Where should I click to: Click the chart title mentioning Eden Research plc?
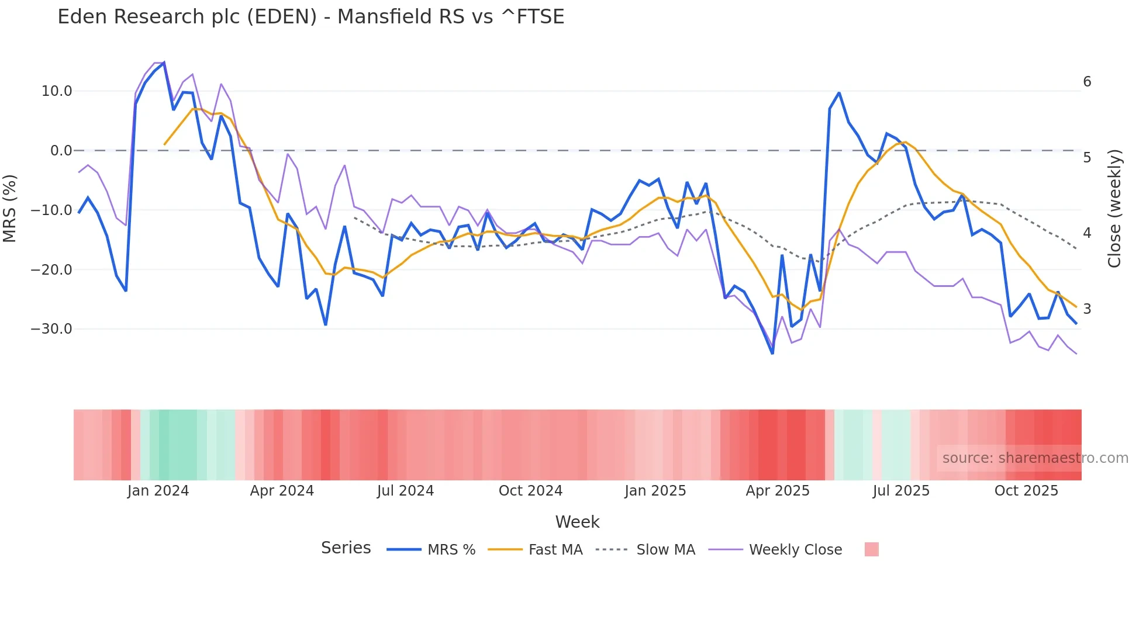tap(310, 17)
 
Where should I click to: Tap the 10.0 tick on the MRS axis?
tap(57, 91)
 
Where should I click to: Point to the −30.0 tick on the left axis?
tap(51, 329)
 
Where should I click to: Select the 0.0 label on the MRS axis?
tap(61, 151)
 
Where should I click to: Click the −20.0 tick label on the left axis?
tap(51, 270)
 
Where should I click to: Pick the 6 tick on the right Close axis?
tap(1087, 82)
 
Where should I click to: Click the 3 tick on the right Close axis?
tap(1087, 309)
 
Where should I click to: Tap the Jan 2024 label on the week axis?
tap(158, 491)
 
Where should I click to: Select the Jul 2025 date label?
tap(901, 491)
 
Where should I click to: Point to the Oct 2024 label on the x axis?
tap(530, 491)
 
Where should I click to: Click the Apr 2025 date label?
tap(778, 491)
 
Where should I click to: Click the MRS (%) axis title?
tap(10, 208)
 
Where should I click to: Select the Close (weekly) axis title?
tap(1114, 209)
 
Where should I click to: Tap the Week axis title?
tap(577, 522)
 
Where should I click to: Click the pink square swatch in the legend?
tap(871, 549)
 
